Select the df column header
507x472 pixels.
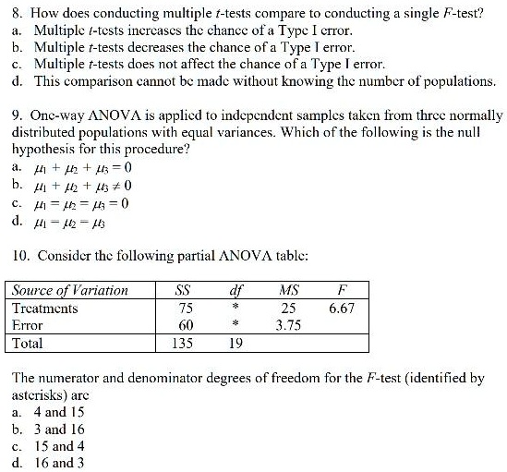click(x=235, y=290)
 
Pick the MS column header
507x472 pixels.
click(x=288, y=290)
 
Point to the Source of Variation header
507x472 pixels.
click(x=70, y=290)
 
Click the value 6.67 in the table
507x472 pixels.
click(x=341, y=308)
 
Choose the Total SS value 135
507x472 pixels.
click(x=183, y=343)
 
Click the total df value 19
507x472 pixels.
click(x=235, y=343)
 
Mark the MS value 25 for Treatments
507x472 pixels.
click(x=288, y=308)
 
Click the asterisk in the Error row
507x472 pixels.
click(x=235, y=324)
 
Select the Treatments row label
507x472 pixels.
click(x=44, y=308)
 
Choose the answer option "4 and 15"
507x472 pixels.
click(x=58, y=412)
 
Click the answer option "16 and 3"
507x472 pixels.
click(x=58, y=463)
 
